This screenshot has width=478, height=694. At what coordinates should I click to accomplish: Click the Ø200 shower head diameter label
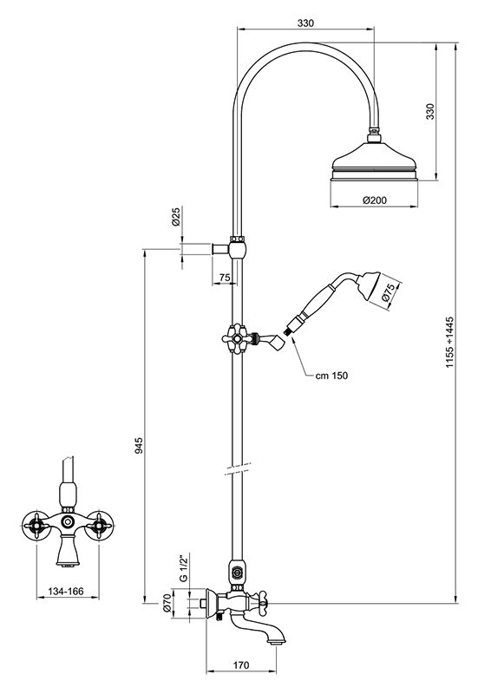click(374, 200)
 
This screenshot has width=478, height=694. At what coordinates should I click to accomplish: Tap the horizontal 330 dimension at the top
click(305, 23)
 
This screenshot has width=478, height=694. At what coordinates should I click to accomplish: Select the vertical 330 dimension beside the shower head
click(430, 112)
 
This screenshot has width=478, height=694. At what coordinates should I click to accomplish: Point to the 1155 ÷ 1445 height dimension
click(449, 342)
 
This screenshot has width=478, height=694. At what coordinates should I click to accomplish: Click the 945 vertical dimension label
click(139, 445)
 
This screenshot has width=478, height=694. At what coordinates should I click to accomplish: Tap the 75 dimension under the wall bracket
click(225, 278)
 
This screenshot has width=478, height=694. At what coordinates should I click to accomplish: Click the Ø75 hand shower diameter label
click(388, 292)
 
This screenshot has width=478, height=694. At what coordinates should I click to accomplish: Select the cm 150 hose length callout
click(331, 376)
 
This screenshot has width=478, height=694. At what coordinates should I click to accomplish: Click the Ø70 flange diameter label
click(167, 603)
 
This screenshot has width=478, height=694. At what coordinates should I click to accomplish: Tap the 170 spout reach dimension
click(241, 665)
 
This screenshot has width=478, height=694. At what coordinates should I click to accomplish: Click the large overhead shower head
click(375, 163)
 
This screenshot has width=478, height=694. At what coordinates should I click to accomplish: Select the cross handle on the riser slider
click(238, 338)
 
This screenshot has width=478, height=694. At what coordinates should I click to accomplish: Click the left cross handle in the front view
click(36, 526)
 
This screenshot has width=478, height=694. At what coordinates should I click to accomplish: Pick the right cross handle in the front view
click(98, 526)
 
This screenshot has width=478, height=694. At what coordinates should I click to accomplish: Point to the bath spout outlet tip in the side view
click(277, 641)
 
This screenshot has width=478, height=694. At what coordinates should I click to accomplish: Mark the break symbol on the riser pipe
click(238, 468)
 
